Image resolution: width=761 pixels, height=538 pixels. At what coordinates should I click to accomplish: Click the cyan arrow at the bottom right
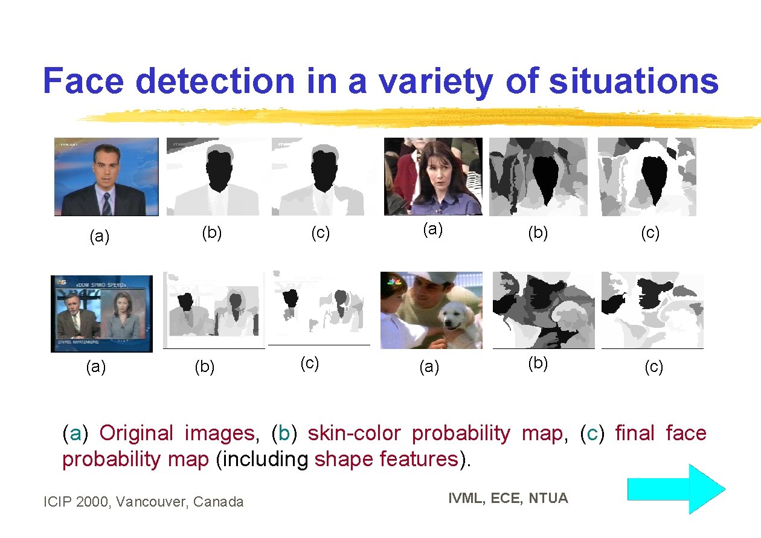point(676,488)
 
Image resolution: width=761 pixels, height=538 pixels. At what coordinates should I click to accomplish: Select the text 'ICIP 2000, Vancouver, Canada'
point(144,502)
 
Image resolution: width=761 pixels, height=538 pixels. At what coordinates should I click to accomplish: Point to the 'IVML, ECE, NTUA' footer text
point(508,498)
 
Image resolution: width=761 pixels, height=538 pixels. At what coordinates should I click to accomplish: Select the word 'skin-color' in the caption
point(354,433)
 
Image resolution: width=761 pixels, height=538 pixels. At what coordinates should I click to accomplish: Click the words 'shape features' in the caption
point(386,460)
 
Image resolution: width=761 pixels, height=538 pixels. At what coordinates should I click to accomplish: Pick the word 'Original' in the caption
point(136,433)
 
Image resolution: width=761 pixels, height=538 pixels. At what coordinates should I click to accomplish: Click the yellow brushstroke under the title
point(417,118)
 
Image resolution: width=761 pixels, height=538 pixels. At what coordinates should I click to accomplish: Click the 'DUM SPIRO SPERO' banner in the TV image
point(101,284)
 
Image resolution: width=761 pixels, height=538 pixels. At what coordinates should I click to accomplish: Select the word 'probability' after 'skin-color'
point(460,433)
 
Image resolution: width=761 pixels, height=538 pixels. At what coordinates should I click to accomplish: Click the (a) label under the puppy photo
point(429,366)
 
